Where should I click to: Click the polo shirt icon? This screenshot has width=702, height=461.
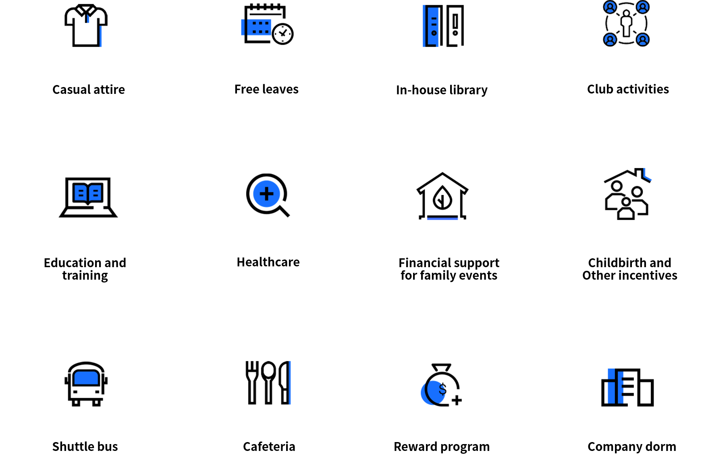86,25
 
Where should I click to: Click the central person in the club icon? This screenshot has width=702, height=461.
626,23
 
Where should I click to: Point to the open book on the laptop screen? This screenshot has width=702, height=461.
88,193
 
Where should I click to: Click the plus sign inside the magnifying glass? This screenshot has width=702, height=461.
266,194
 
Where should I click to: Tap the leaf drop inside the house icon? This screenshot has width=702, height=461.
442,197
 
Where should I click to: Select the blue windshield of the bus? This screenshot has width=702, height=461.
86,378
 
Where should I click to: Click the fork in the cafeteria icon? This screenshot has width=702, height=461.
252,382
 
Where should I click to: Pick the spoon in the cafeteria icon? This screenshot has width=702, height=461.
268,382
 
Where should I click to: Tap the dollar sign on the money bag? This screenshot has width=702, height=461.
442,389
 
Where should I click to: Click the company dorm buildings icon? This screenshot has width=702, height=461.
627,387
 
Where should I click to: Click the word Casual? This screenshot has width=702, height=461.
71,89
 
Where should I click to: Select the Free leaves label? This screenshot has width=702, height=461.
266,89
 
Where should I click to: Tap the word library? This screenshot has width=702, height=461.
468,90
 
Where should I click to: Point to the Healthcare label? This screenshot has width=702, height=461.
268,262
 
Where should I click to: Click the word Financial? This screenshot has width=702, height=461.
425,263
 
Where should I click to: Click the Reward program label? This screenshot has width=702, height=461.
442,447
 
